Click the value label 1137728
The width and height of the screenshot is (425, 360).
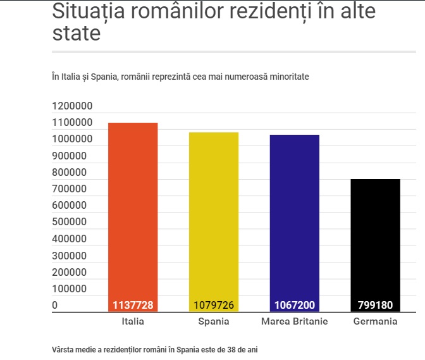[x=133, y=305]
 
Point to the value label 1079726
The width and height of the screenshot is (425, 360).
[x=213, y=305]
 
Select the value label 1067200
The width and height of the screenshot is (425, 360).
[x=295, y=305]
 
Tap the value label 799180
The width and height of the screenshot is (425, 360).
[x=375, y=305]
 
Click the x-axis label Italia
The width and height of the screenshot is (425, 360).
[x=133, y=321]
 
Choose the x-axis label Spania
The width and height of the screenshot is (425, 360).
[x=213, y=321]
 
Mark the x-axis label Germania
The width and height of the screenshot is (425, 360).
[x=375, y=321]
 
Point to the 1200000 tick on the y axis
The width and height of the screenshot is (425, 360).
[x=73, y=106]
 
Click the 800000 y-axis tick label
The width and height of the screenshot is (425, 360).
[x=70, y=172]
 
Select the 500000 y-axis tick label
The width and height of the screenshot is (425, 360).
[x=70, y=222]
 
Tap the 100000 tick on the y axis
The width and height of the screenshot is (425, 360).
[x=70, y=289]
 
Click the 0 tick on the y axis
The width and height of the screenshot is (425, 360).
[x=55, y=305]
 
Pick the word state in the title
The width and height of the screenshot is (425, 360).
[x=76, y=32]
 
